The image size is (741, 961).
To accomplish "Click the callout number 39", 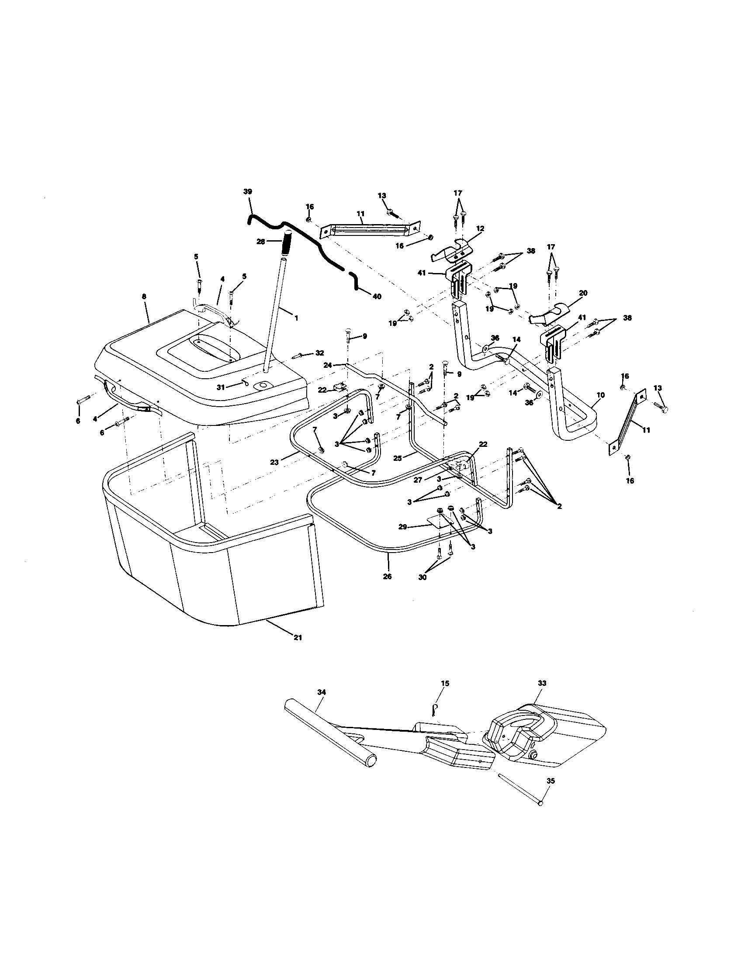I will coord(247,191).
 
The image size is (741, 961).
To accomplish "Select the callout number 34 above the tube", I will coord(322,692).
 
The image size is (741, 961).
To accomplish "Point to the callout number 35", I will coord(551,781).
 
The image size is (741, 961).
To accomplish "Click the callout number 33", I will coord(542,683).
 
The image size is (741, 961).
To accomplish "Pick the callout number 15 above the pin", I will coord(445,683).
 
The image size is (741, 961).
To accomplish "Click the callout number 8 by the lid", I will coord(143,297).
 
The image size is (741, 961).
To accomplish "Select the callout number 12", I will coord(480,228).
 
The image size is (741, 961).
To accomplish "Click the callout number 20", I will coord(583,293).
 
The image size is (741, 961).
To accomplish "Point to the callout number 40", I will coord(377,297).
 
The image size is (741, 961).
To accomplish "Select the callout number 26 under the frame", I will coord(387,576).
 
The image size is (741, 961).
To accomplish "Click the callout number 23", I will coord(274,462).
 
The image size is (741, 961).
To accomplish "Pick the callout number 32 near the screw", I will coord(319,353).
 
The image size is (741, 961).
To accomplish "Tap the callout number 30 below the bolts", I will coord(422,577).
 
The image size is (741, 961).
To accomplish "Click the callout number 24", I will coord(327,365).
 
